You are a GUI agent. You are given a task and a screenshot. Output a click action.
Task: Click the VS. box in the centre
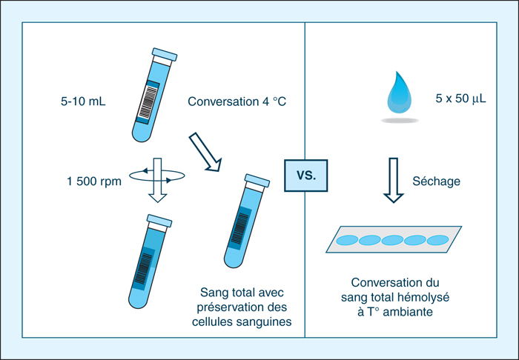click(305, 176)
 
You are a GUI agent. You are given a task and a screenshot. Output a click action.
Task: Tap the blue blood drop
click(400, 94)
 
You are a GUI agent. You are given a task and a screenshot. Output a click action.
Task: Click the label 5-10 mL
click(83, 101)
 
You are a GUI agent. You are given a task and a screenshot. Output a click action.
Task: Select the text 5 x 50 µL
click(460, 99)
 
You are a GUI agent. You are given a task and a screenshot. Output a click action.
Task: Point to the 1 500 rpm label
click(94, 181)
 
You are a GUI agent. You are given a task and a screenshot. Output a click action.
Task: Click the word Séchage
click(436, 181)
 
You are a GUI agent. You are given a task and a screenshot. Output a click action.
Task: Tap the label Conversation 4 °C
click(237, 101)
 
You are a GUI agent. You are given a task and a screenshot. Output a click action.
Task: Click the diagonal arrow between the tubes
click(205, 152)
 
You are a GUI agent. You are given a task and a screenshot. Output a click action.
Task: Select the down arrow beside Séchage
click(393, 180)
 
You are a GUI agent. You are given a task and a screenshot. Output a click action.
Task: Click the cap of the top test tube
click(165, 55)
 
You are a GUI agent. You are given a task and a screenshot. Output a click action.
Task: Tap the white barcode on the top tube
click(148, 102)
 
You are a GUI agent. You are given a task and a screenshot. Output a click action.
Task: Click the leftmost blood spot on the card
click(347, 240)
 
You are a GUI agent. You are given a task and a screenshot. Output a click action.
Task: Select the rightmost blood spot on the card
click(437, 240)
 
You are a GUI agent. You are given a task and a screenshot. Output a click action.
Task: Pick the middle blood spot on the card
click(392, 240)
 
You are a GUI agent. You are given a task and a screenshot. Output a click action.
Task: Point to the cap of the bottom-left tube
click(159, 221)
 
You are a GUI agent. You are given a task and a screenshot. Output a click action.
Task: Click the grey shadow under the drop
click(400, 121)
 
